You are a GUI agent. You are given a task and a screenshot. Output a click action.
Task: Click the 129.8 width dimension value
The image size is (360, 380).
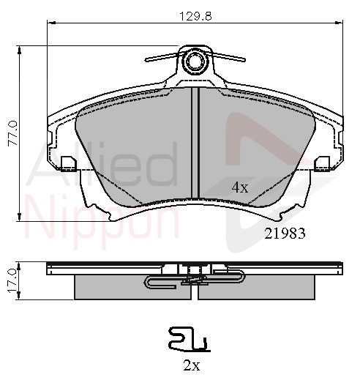click(195, 17)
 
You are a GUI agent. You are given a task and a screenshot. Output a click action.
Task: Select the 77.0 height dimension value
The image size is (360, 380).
click(13, 133)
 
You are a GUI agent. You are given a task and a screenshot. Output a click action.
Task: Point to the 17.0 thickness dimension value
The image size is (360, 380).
click(12, 280)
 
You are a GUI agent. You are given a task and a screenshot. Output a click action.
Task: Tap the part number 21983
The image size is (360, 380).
click(285, 234)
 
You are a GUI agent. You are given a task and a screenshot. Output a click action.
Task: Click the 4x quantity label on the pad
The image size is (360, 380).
click(240, 187)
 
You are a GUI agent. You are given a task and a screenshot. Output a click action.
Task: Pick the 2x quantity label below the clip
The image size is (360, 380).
click(192, 365)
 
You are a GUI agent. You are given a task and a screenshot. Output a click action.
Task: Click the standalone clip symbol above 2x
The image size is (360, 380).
click(190, 340)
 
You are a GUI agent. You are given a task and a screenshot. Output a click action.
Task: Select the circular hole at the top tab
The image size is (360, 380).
click(195, 61)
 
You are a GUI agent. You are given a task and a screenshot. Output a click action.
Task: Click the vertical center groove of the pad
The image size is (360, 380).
click(195, 143)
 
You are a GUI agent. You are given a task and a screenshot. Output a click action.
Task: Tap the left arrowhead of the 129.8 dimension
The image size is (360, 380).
click(50, 23)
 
